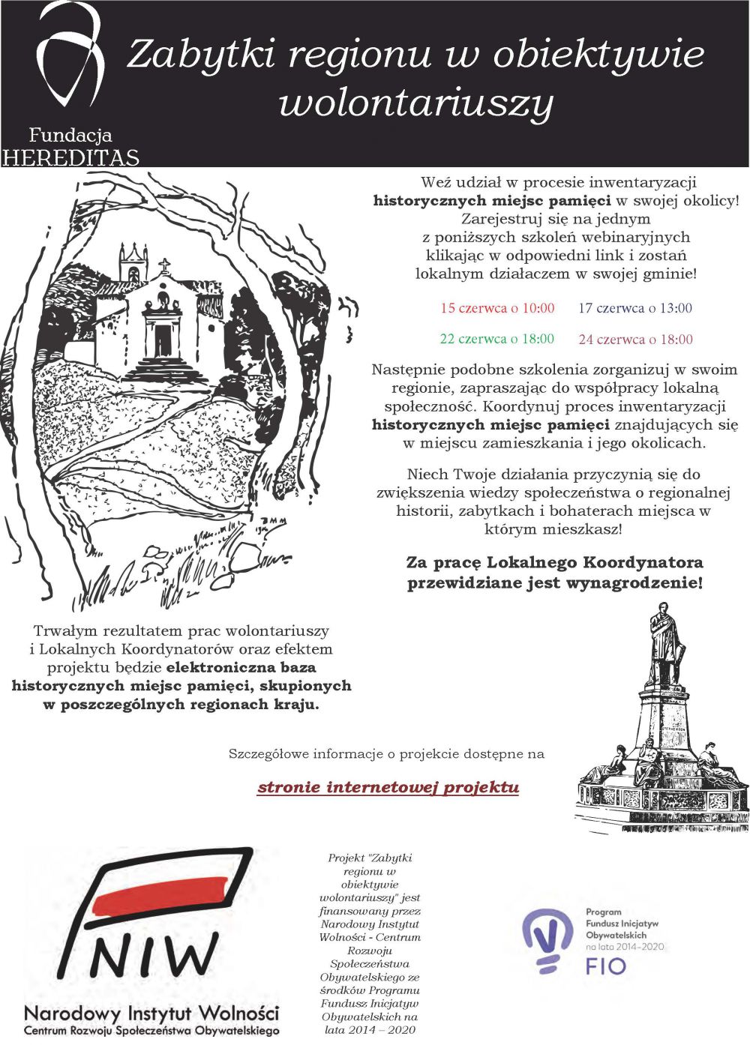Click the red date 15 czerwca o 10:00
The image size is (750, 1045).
coord(497,308)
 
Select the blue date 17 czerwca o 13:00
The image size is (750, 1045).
coord(634,308)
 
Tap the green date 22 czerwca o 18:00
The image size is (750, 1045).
coord(496,339)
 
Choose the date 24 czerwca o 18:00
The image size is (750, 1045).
coord(635,340)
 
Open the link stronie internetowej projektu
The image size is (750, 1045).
coord(388,787)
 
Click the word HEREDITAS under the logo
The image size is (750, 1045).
coord(70,158)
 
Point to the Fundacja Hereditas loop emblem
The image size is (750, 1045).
coord(69,56)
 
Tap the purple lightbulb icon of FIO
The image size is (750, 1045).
coord(547,937)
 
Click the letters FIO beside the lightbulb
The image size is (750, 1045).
coord(605,966)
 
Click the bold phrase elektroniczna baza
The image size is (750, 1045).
coord(241,667)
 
